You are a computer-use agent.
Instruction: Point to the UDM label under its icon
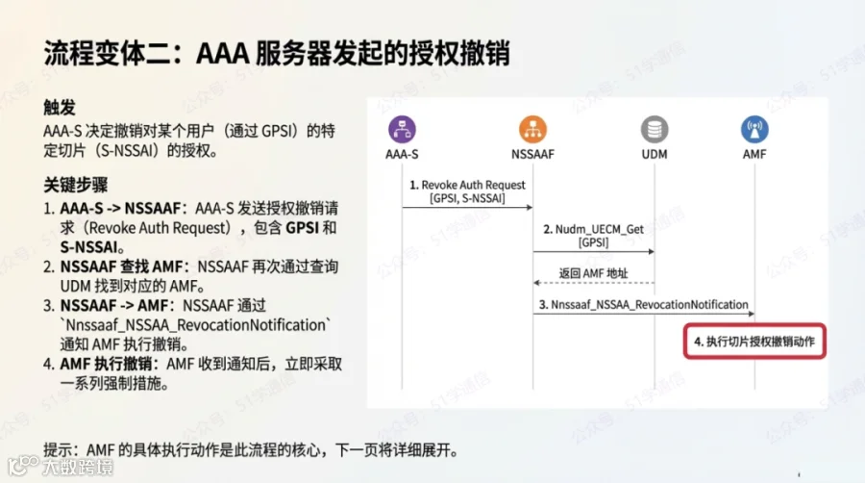(655, 153)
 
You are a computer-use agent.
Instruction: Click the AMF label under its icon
(754, 153)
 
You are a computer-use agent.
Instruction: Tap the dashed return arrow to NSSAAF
(593, 283)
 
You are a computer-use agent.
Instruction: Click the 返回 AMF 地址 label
(593, 273)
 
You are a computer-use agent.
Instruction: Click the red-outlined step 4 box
(754, 341)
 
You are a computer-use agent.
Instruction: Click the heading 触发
(60, 108)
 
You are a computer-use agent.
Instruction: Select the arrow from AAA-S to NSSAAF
(467, 207)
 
